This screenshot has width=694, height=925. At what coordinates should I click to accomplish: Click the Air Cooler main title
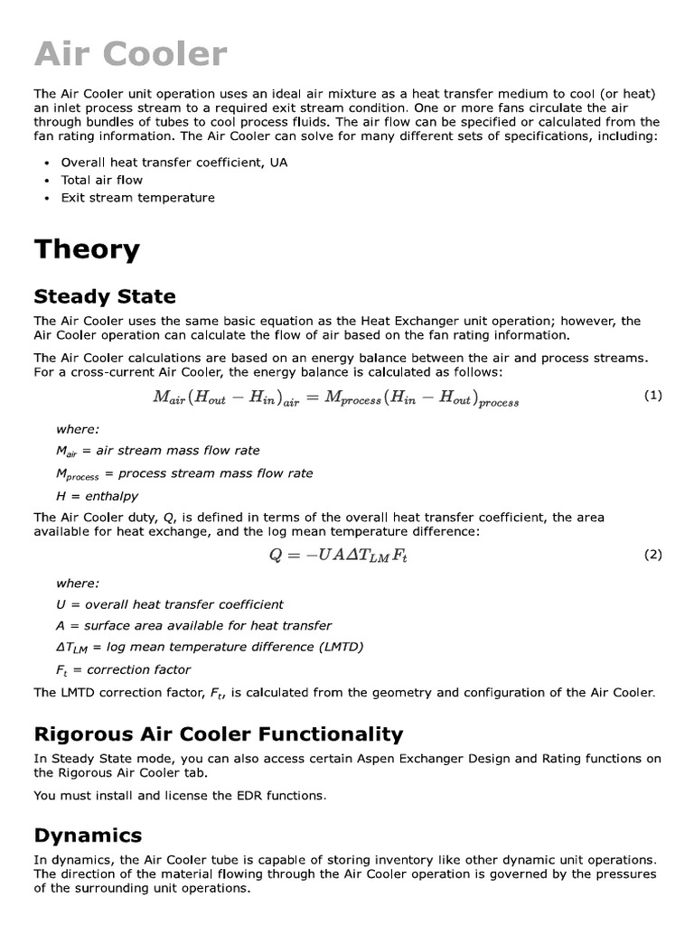(130, 54)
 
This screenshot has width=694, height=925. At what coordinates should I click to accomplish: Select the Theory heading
(87, 249)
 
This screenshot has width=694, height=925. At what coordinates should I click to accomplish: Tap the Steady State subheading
(105, 296)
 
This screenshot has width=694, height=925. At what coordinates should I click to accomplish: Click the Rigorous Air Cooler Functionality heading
(218, 733)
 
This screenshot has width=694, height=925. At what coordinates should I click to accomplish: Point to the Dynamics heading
(88, 835)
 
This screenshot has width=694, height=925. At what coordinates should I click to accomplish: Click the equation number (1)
(652, 395)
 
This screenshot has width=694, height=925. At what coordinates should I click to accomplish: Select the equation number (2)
(652, 555)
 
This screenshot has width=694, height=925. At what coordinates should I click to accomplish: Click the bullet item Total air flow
(101, 180)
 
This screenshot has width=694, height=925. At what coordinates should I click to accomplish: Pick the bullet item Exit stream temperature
(137, 197)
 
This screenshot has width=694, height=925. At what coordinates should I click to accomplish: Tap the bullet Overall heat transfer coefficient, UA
(173, 163)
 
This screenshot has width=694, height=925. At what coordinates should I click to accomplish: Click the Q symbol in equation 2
(276, 556)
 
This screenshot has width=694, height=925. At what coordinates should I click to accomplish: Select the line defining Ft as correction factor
(123, 669)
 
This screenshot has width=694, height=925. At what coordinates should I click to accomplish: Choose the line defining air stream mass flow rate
(157, 450)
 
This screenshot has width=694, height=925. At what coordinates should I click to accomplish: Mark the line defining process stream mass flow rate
(184, 473)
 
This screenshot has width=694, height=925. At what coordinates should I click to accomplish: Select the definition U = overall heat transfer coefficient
(169, 603)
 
